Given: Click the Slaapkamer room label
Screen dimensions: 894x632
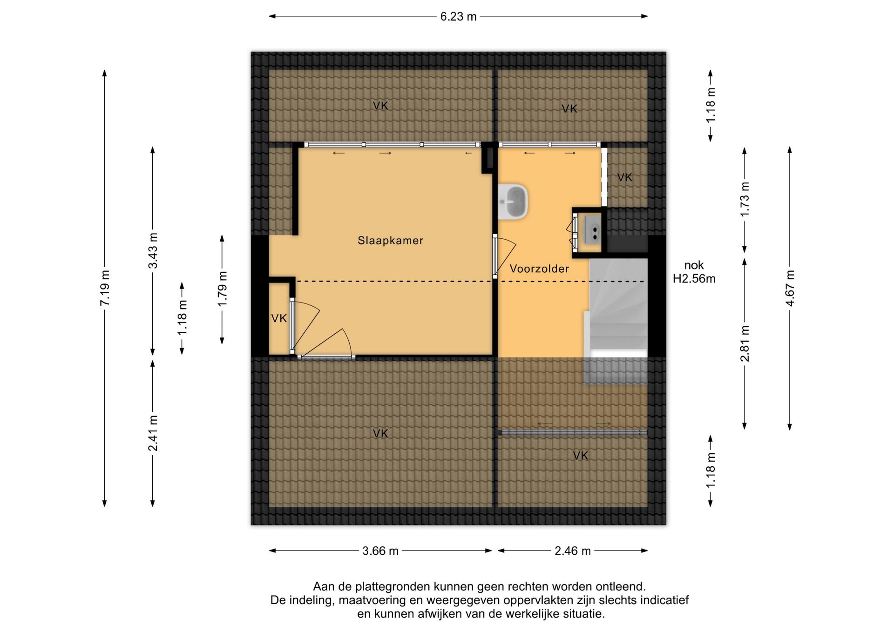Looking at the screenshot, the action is (x=390, y=241).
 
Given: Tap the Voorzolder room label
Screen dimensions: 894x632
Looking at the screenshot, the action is (x=539, y=269).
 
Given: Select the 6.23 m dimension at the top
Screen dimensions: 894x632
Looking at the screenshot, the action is (x=458, y=17).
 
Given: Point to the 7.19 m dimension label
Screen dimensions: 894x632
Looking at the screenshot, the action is (x=105, y=288).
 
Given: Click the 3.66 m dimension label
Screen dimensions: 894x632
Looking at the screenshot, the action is (x=380, y=551).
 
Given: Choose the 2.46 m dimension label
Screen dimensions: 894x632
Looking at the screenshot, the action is (x=572, y=551).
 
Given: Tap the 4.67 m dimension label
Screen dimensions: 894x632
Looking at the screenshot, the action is (x=790, y=288).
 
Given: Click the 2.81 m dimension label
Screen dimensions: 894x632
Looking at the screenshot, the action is (x=745, y=343).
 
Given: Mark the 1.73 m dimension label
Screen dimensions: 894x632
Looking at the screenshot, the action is (x=745, y=199).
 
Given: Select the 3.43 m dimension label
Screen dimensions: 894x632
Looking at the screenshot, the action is (x=153, y=250).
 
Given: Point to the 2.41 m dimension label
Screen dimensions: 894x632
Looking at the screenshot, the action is (x=153, y=433).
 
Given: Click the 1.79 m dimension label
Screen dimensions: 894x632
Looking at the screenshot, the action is (x=222, y=289).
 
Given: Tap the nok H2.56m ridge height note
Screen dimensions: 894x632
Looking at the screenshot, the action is (x=694, y=272).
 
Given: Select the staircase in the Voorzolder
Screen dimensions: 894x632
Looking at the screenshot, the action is (x=616, y=321).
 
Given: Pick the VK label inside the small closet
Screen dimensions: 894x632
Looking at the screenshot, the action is (x=279, y=318).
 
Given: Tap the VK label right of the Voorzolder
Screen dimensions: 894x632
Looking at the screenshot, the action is (x=624, y=177).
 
